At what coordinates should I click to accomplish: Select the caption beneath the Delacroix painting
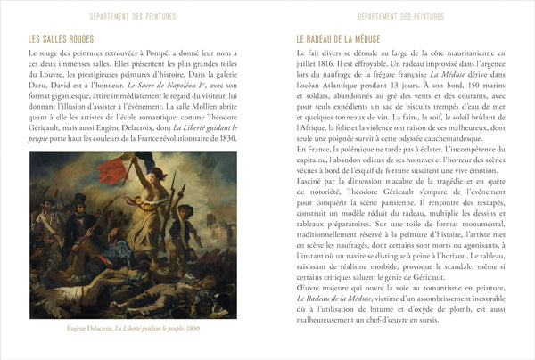pos(132,327)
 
